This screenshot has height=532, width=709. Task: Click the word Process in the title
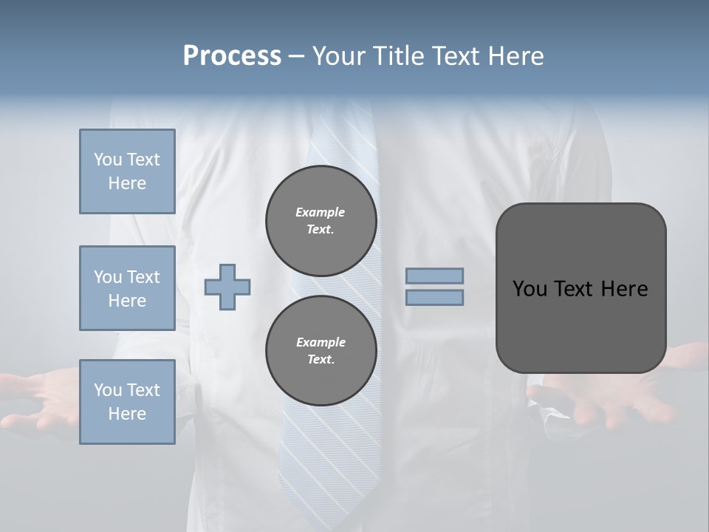232,56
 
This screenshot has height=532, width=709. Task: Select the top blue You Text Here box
127,171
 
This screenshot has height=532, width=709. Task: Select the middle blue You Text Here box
127,288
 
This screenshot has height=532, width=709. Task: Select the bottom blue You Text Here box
127,402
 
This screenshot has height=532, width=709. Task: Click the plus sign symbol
227,287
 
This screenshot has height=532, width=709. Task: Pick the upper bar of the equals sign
435,276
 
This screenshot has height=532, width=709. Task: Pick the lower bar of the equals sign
435,297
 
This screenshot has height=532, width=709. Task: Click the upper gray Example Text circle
321,221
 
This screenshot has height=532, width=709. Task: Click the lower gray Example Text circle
321,350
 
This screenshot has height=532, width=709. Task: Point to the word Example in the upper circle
321,212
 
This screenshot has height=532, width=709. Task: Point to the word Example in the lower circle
321,342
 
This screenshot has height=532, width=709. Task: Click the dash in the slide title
297,56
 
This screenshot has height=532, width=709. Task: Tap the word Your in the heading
339,56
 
